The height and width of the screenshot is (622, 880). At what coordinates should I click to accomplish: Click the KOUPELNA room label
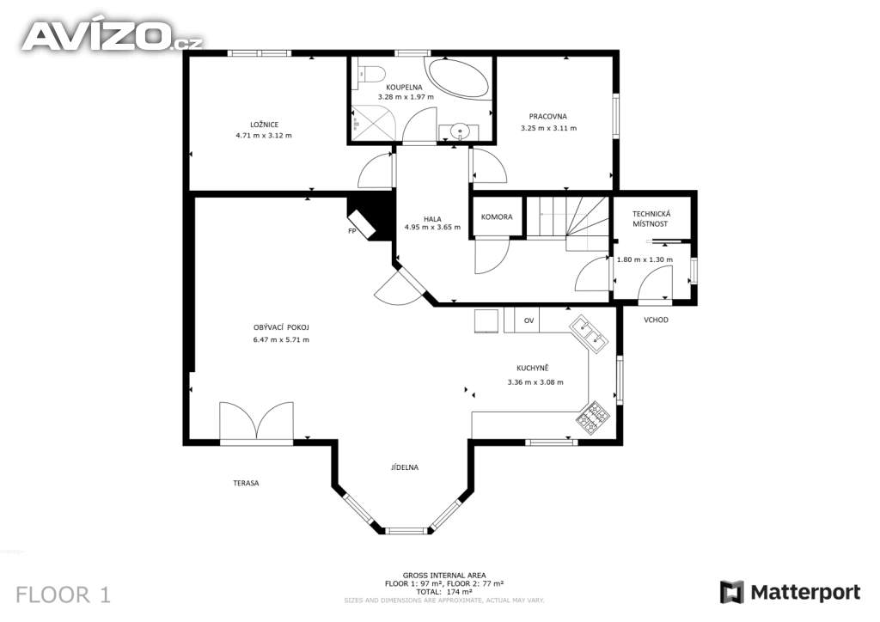(404, 88)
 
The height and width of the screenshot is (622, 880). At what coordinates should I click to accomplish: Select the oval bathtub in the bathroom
(459, 78)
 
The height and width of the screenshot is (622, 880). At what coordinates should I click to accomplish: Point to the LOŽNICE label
(265, 125)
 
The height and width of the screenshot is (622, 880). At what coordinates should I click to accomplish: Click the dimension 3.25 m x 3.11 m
(548, 128)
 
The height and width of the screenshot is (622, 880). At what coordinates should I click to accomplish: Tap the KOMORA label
(497, 216)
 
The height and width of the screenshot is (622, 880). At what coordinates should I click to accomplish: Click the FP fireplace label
(351, 230)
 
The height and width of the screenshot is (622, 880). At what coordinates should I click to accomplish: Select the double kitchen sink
(590, 334)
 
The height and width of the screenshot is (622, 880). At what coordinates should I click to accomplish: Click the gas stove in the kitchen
(592, 418)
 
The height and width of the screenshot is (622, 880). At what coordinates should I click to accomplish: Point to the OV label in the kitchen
(529, 320)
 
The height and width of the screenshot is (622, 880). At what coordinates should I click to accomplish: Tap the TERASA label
(246, 483)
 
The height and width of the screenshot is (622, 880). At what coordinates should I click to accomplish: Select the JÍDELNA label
(405, 467)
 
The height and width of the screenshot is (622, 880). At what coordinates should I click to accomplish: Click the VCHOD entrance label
(656, 320)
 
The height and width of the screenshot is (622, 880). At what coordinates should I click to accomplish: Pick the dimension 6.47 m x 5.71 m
(281, 339)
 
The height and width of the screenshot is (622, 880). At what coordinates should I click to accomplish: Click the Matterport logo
(791, 592)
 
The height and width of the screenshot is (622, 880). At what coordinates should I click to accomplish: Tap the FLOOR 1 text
(63, 595)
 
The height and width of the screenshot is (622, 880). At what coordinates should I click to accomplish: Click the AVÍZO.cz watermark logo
(112, 36)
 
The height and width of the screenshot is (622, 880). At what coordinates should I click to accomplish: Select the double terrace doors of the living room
(256, 421)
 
